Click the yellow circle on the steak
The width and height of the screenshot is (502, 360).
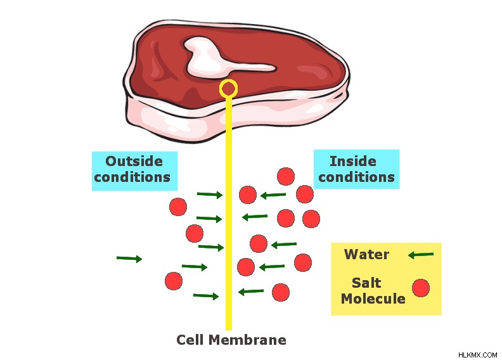[228, 81]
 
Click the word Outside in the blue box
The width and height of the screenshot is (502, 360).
[134, 161]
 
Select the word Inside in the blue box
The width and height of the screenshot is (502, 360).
[353, 161]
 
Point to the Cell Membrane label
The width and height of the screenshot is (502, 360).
[231, 340]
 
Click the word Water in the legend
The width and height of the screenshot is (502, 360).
[366, 254]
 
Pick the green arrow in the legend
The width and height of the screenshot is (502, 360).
[421, 255]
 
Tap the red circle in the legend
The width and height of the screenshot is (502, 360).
[421, 288]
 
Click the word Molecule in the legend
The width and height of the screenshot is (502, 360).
[373, 299]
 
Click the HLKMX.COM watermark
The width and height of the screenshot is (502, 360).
[477, 355]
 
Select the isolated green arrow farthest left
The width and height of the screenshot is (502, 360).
[129, 258]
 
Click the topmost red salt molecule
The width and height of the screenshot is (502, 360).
[286, 176]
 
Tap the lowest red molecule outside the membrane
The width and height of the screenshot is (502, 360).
[174, 281]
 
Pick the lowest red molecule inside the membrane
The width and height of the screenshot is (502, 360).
[281, 292]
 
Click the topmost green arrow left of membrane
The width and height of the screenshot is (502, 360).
[210, 194]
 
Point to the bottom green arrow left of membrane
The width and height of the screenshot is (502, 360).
[206, 296]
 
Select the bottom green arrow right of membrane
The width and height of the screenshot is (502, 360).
[251, 292]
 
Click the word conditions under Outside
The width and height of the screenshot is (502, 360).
[132, 177]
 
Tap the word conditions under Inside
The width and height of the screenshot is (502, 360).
[357, 177]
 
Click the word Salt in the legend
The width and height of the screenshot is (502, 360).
[366, 283]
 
